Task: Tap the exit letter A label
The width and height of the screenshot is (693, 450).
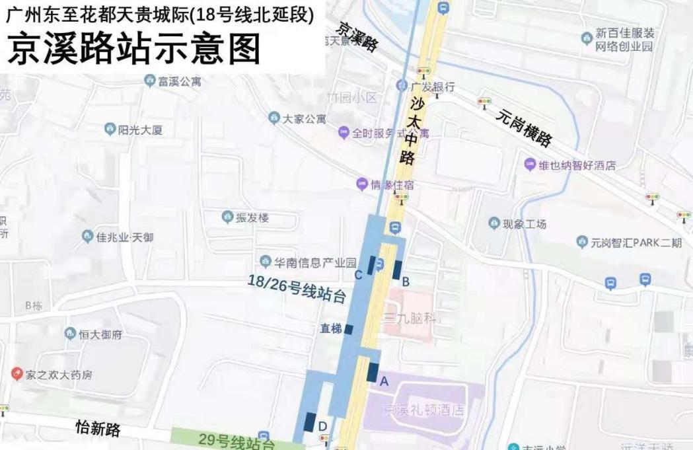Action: (384, 381)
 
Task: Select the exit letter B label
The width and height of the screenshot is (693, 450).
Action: (406, 281)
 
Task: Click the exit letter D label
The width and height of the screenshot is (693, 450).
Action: (322, 426)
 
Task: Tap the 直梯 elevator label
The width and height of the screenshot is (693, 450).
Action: (331, 328)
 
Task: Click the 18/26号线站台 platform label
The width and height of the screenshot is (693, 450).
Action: (297, 289)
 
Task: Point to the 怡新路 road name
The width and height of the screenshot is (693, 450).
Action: (98, 428)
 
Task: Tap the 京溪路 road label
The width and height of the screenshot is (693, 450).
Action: (357, 36)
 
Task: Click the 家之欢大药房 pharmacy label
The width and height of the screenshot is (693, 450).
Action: (59, 375)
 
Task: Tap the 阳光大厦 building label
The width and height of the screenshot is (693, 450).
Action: (139, 130)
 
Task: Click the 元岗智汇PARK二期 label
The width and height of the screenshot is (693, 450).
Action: (637, 243)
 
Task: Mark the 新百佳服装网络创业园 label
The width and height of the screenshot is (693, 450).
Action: (624, 40)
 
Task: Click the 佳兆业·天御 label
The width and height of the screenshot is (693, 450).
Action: (124, 237)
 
